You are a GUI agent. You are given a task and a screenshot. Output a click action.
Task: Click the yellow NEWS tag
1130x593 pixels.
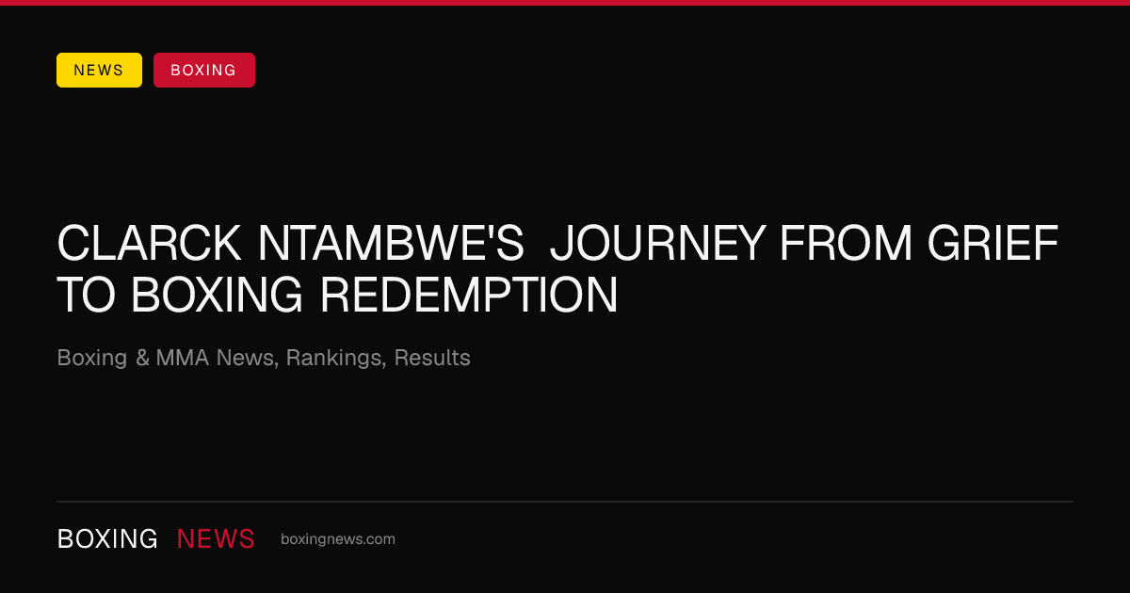coord(100,70)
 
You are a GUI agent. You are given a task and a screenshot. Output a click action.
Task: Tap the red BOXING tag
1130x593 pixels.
coord(204,70)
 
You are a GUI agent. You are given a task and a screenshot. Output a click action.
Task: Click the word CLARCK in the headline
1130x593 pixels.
coord(149,243)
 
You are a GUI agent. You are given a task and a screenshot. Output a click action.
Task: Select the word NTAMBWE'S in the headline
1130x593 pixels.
coord(391,243)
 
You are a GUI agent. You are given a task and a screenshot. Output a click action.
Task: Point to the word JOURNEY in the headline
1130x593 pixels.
coord(658,243)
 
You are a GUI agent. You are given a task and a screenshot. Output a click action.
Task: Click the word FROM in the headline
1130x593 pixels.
coord(846,243)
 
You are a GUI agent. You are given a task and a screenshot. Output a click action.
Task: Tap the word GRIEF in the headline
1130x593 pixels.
coord(993,243)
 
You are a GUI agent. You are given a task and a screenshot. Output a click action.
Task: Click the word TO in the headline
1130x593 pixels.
coord(87,295)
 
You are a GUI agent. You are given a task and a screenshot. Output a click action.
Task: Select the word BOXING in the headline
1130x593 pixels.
coord(217,295)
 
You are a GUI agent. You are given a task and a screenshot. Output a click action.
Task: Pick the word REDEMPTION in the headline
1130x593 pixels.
coord(469,295)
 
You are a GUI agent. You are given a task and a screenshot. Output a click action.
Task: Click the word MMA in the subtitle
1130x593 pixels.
coord(183,358)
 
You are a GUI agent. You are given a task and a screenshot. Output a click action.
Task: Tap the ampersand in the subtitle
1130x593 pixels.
coord(142,358)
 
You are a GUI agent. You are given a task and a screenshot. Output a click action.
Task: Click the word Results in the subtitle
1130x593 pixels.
coord(432,358)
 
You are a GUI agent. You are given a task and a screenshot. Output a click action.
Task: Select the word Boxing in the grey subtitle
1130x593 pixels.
coord(92,359)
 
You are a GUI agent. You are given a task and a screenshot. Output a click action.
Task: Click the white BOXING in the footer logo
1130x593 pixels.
coord(107,539)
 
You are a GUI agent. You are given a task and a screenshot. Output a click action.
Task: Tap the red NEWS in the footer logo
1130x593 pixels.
coord(216,539)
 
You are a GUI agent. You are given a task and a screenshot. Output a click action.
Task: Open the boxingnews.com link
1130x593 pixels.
coord(338,539)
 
